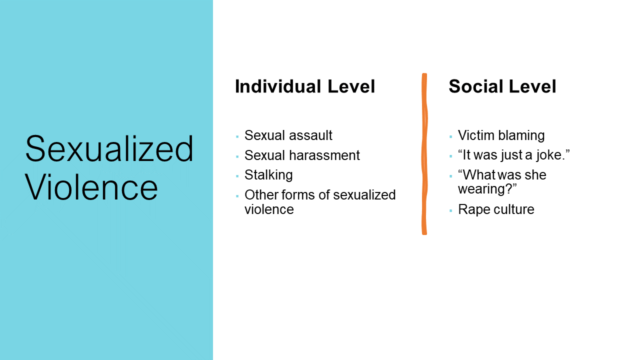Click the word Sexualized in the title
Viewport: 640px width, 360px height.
pyautogui.click(x=109, y=148)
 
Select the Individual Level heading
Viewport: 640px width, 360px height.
pyautogui.click(x=305, y=86)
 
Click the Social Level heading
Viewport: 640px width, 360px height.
pyautogui.click(x=502, y=86)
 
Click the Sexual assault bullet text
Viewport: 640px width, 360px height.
pyautogui.click(x=288, y=135)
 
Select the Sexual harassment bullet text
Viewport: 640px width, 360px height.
pyautogui.click(x=302, y=155)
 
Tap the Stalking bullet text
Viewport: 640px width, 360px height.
pyautogui.click(x=268, y=175)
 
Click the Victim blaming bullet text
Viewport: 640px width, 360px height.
pyautogui.click(x=501, y=135)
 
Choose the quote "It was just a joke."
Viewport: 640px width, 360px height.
pyautogui.click(x=514, y=155)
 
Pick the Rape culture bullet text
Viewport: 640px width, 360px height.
pyautogui.click(x=496, y=209)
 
